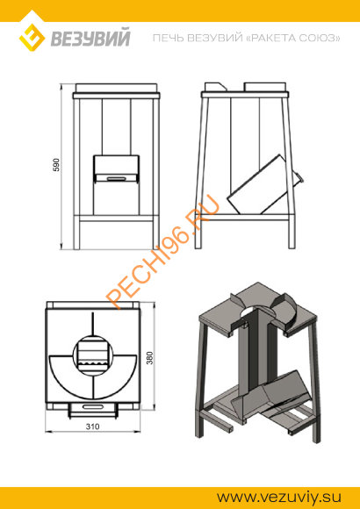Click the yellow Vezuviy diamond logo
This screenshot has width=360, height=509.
pyautogui.click(x=32, y=38)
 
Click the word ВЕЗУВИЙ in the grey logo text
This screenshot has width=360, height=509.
pyautogui.click(x=90, y=38)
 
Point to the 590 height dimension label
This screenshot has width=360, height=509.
pyautogui.click(x=56, y=165)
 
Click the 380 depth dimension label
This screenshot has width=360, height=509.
pyautogui.click(x=149, y=358)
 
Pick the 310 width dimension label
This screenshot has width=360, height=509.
pyautogui.click(x=92, y=427)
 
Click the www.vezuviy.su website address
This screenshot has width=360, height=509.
pyautogui.click(x=279, y=498)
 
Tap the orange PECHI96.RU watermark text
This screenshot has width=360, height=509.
pyautogui.click(x=162, y=252)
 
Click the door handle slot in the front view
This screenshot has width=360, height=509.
pyautogui.click(x=117, y=178)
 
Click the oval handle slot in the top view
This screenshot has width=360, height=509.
pyautogui.click(x=92, y=406)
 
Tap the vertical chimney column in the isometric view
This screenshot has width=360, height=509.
pyautogui.click(x=256, y=350)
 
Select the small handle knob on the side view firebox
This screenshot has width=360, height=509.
pyautogui.click(x=299, y=176)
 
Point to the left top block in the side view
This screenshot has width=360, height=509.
pyautogui.click(x=215, y=87)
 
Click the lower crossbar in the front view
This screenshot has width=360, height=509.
pyautogui.click(x=116, y=219)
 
